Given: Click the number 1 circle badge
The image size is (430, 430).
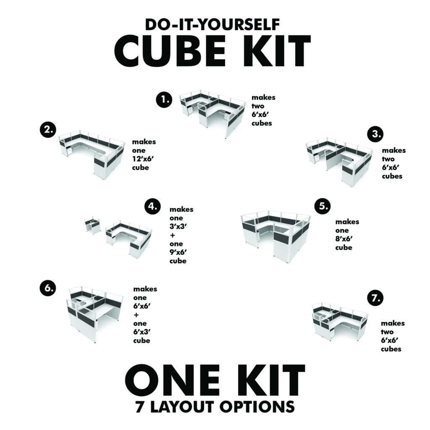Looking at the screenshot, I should pyautogui.click(x=164, y=100).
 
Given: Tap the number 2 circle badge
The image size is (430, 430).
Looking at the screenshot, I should pyautogui.click(x=49, y=130).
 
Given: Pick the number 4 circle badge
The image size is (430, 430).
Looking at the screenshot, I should pyautogui.click(x=152, y=206).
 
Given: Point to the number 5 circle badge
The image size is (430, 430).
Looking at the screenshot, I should pyautogui.click(x=322, y=206).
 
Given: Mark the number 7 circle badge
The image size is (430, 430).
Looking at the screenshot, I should pyautogui.click(x=375, y=298).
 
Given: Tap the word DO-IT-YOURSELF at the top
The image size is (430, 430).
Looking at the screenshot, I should pyautogui.click(x=212, y=24).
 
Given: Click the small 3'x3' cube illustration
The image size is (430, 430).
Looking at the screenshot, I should pyautogui.click(x=93, y=225).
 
